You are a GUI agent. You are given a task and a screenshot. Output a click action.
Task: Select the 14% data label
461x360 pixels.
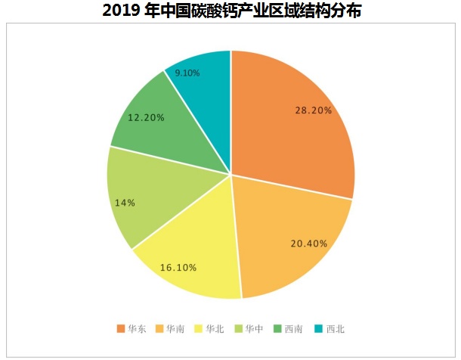[x=125, y=203]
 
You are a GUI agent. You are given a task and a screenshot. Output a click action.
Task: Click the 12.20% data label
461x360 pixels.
[x=147, y=118]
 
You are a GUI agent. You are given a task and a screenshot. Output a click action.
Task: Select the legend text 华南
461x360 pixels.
[x=175, y=329]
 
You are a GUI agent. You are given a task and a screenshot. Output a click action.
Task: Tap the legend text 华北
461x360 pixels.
[x=215, y=329]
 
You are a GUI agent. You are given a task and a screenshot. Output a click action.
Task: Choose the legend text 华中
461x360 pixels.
[x=254, y=329]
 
